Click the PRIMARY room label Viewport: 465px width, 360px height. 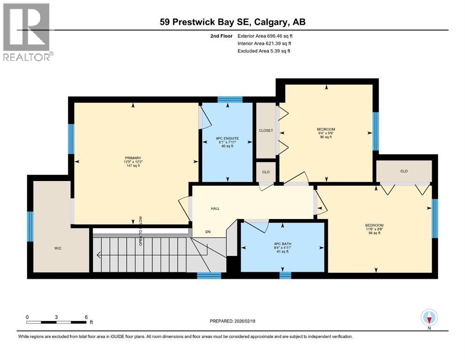click(133, 157)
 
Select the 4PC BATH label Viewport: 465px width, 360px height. click(282, 242)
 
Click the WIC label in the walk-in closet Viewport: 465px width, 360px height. click(58, 248)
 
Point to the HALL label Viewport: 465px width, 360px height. click(215, 209)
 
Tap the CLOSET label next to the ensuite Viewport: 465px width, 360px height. click(266, 131)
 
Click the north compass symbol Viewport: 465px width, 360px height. click(429, 317)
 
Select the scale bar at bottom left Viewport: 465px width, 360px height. click(57, 322)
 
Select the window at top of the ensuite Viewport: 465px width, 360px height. click(230, 99)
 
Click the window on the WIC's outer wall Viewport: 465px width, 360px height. click(30, 227)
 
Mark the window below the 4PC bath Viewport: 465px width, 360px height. click(285, 275)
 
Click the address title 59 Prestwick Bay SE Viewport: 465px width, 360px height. click(232, 22)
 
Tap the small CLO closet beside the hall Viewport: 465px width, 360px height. click(266, 172)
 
